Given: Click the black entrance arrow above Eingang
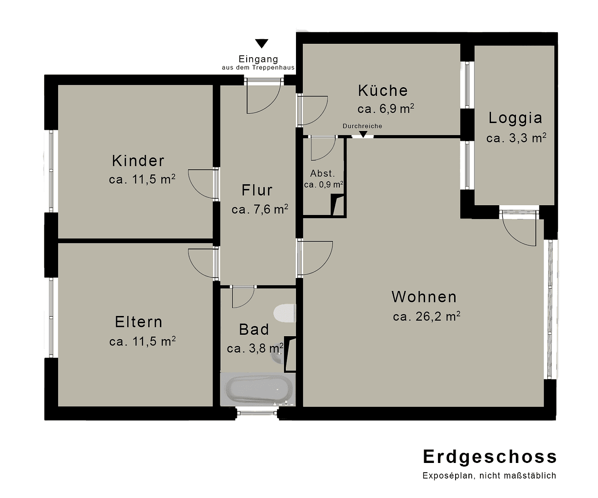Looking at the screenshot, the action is click(261, 43).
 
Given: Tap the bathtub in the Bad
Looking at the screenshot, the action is click(259, 389).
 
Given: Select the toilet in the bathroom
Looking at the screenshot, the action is click(284, 313).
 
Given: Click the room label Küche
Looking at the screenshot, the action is click(383, 90).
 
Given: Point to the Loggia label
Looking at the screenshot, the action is click(515, 118).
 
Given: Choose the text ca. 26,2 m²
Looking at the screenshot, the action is click(426, 316).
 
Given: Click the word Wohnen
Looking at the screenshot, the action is click(424, 296).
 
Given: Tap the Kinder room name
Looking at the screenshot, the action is click(138, 160).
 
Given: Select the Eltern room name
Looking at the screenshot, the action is click(139, 322).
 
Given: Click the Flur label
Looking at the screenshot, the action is click(257, 190).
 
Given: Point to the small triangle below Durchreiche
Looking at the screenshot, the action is click(363, 134).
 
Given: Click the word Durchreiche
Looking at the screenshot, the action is click(362, 126).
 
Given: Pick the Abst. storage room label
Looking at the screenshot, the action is click(322, 173).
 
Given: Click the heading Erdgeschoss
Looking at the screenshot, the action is click(490, 456).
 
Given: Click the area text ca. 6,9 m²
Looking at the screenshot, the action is click(386, 109).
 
